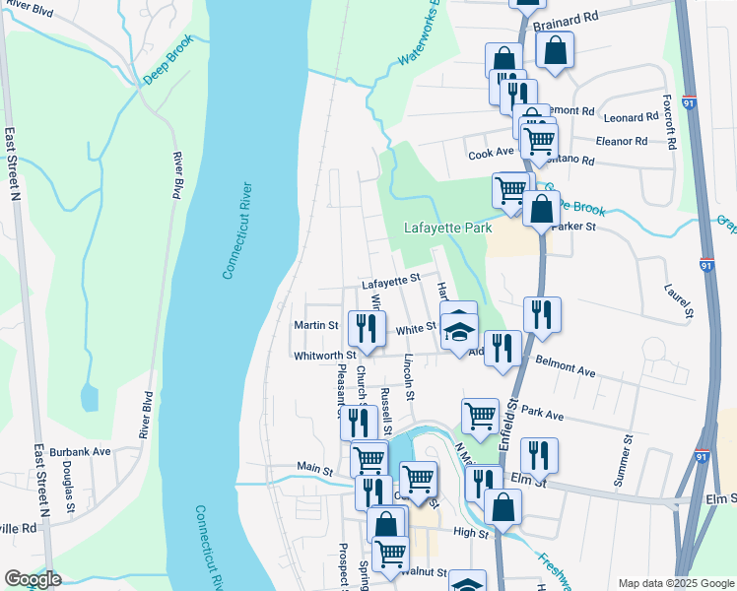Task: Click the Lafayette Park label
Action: (x=447, y=228)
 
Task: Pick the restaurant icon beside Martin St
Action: (x=368, y=327)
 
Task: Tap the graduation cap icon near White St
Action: (x=458, y=329)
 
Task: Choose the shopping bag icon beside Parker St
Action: (x=541, y=209)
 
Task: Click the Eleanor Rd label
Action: (x=622, y=141)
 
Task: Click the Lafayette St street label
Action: (x=390, y=283)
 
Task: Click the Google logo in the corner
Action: (x=32, y=579)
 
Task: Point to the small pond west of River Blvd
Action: (x=90, y=397)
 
